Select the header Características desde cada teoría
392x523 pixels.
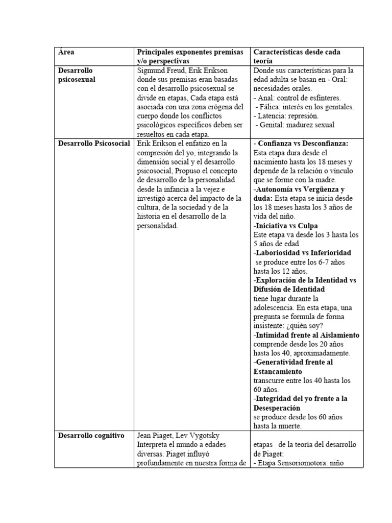click(x=297, y=56)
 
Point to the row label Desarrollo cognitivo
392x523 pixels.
click(x=91, y=436)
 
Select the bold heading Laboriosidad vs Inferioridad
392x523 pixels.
click(x=304, y=253)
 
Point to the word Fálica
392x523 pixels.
click(x=272, y=107)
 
